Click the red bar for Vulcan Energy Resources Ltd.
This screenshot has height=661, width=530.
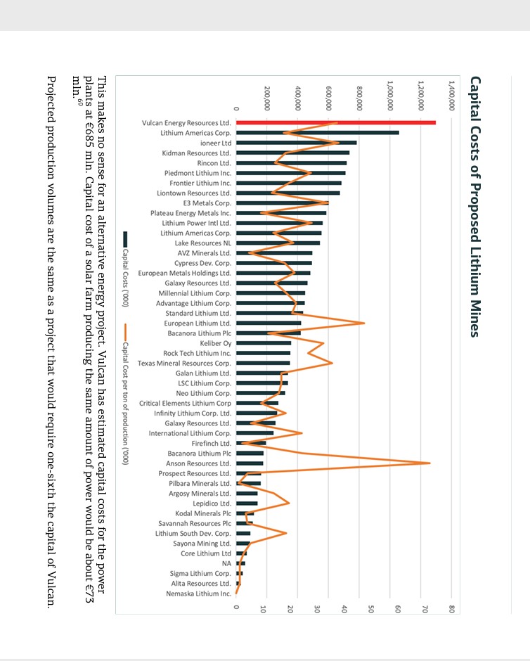[336, 122]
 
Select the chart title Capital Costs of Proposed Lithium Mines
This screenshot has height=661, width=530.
[474, 207]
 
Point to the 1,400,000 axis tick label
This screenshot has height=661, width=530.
[451, 96]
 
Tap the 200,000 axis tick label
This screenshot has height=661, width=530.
[266, 98]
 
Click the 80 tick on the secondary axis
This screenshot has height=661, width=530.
[451, 609]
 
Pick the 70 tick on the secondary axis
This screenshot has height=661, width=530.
[425, 609]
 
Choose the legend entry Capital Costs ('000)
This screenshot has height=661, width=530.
[125, 269]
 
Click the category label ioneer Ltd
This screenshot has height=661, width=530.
[216, 143]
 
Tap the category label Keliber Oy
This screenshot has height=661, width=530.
[215, 343]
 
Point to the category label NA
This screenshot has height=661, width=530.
[226, 564]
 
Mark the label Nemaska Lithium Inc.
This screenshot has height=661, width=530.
[199, 593]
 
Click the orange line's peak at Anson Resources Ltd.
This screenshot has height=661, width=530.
[429, 463]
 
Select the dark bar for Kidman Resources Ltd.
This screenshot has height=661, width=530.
[293, 153]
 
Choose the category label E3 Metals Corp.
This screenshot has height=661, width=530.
[207, 203]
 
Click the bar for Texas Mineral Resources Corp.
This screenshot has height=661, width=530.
[263, 363]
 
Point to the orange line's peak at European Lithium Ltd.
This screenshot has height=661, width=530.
[364, 323]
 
